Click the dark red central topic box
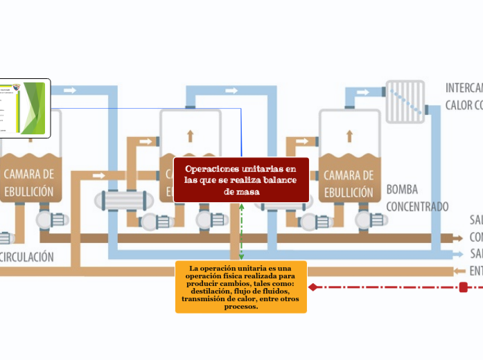pyautogui.click(x=240, y=180)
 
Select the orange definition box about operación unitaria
pyautogui.click(x=240, y=287)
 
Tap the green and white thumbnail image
pyautogui.click(x=24, y=107)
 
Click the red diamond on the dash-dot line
pyautogui.click(x=313, y=287)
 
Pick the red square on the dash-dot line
pyautogui.click(x=463, y=287)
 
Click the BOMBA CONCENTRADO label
pyautogui.click(x=416, y=197)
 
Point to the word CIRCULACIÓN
pyautogui.click(x=28, y=256)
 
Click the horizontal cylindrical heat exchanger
pyautogui.click(x=125, y=201)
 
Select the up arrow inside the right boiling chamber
pyautogui.click(x=349, y=136)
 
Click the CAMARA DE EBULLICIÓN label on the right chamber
pyautogui.click(x=349, y=183)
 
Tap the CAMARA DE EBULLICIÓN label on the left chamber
pyautogui.click(x=28, y=182)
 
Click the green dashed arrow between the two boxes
pyautogui.click(x=241, y=232)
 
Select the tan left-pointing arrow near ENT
pyautogui.click(x=458, y=271)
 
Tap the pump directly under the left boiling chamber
pyautogui.click(x=51, y=220)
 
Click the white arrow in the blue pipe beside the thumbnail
pyautogui.click(x=71, y=90)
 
